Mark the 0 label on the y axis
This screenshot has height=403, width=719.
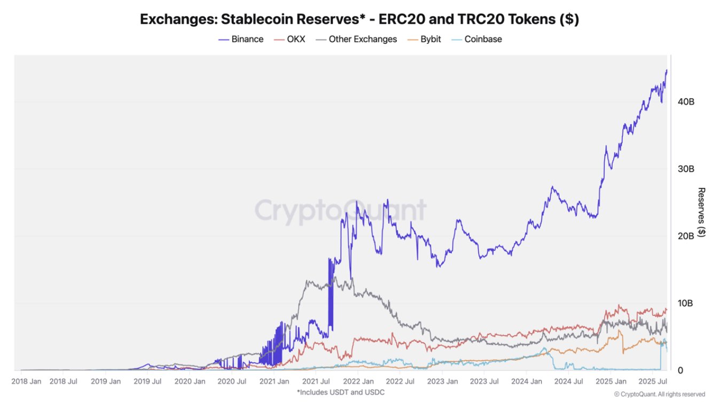[x=680, y=370]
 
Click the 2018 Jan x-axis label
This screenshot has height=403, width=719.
[x=26, y=382]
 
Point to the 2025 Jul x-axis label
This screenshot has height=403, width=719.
[x=654, y=382]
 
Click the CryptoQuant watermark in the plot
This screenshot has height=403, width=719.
[x=340, y=210]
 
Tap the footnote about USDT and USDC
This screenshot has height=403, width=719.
[x=341, y=392]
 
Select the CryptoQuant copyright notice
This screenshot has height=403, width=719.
[x=659, y=394]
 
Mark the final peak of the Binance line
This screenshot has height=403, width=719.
[x=666, y=71]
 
